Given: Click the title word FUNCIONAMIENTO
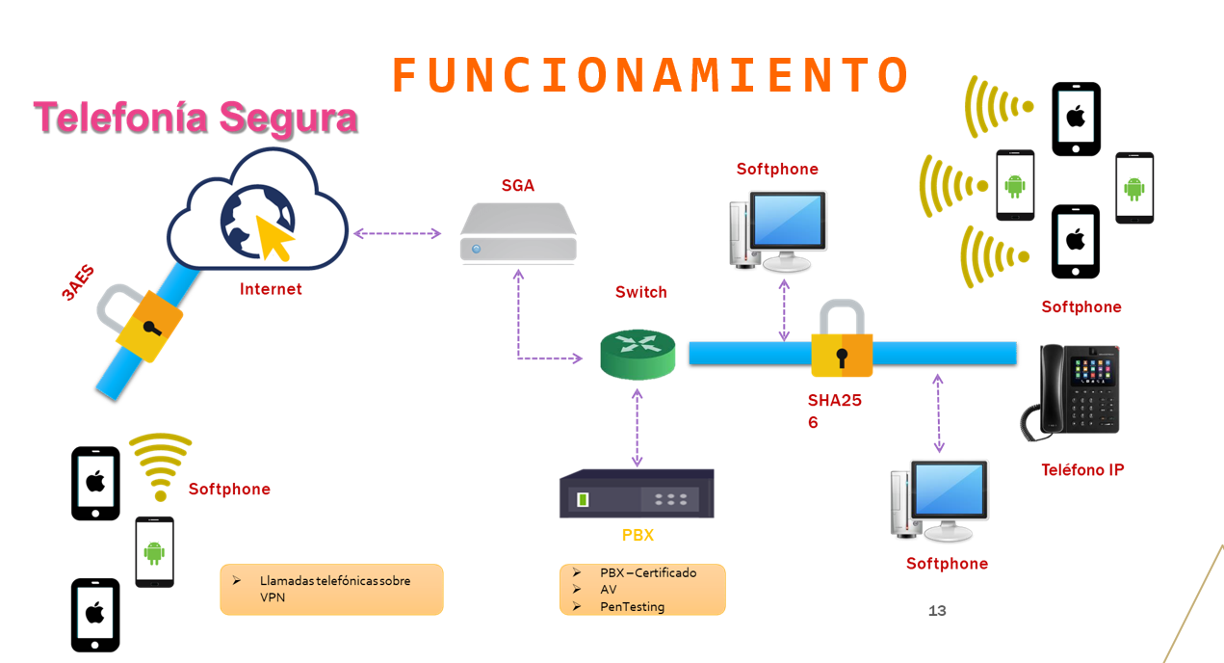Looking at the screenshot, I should point(650,75).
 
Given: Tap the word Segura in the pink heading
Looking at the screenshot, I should point(289,119).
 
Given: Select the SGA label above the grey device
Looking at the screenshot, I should point(517,185).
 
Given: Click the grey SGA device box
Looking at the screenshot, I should point(518,234).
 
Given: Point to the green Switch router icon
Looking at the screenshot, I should point(638,353).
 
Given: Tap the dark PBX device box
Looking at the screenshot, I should point(637,494).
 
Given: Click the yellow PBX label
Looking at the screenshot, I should point(637,535).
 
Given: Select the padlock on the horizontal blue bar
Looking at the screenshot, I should point(842,341).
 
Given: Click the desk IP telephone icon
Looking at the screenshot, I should point(1071,392).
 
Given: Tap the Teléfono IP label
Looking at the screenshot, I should point(1082,470).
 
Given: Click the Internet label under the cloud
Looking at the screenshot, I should point(271,289).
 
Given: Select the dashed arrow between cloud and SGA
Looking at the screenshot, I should point(397,233).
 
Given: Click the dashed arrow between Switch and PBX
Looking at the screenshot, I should point(637,428).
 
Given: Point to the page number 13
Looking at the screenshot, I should point(937,611).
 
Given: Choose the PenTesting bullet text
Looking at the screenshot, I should point(632,607).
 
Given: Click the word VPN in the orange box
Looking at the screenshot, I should point(273,597).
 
